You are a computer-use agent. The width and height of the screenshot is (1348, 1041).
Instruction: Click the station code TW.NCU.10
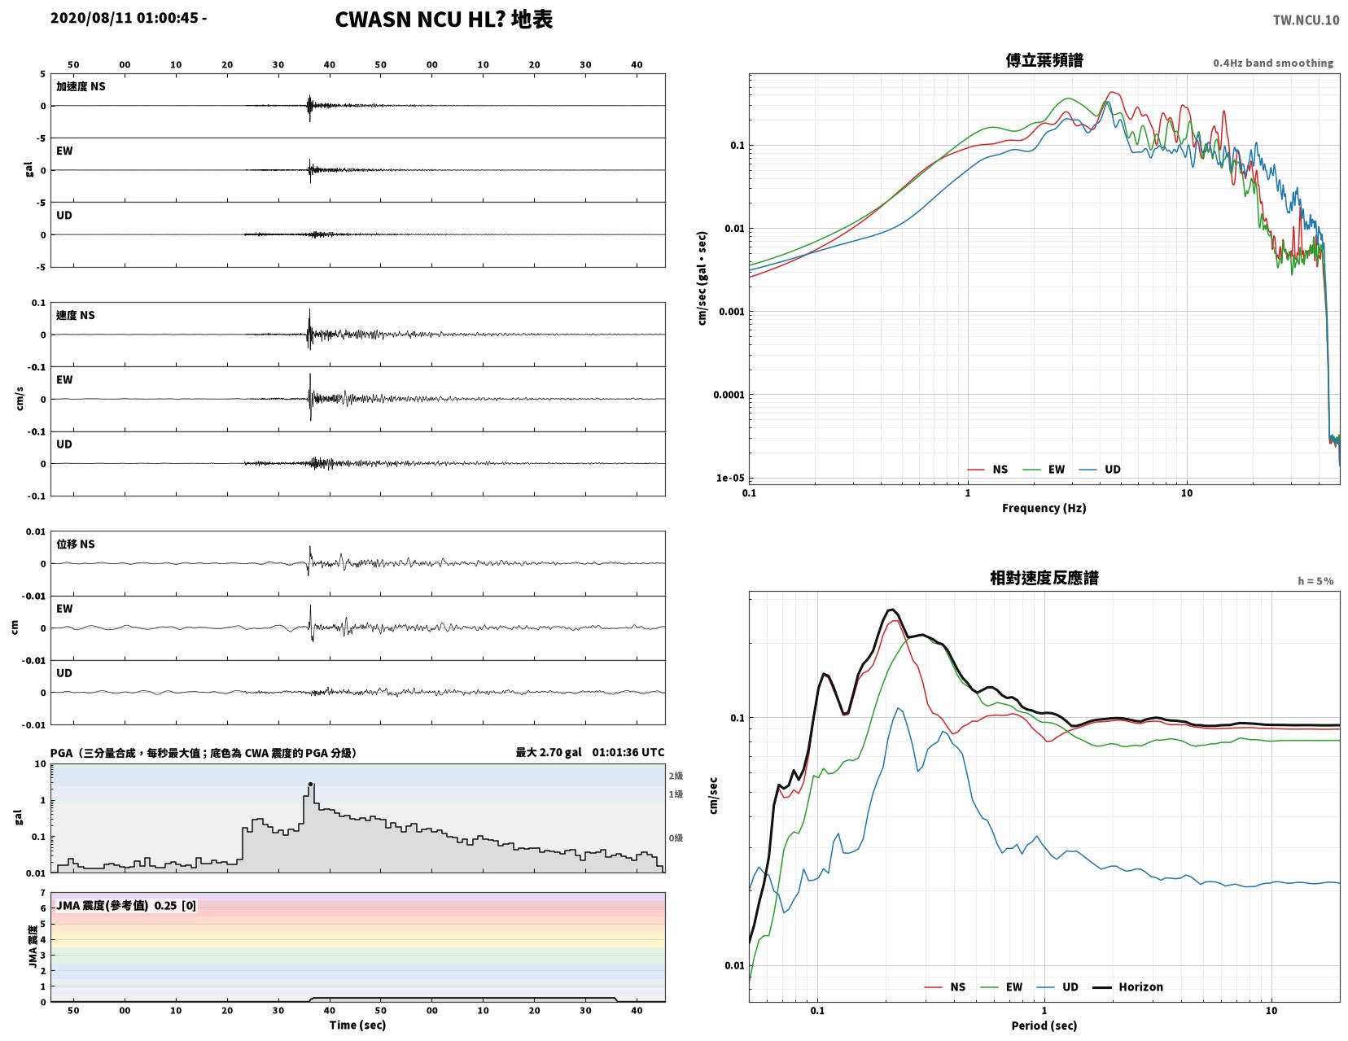[1306, 20]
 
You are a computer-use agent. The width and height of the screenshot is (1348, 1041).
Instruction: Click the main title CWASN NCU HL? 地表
[444, 20]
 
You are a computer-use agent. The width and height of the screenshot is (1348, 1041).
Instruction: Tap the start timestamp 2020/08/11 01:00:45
[124, 18]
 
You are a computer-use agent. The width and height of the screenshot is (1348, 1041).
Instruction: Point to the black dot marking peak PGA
[310, 784]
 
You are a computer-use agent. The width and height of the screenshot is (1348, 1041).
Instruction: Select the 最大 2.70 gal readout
[549, 752]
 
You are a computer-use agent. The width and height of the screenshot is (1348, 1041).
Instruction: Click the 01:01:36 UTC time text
[628, 752]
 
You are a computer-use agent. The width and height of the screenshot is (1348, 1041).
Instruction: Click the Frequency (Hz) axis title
[1044, 508]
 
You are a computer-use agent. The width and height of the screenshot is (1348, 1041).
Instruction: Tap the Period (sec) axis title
[1044, 1026]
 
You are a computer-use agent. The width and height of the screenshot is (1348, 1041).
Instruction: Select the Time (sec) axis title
[357, 1025]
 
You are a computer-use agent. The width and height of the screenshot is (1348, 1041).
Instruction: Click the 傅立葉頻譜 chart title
[1044, 60]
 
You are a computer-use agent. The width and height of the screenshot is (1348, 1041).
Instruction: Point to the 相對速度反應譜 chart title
[1044, 578]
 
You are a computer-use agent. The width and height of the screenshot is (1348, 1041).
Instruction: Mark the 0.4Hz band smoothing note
[1273, 63]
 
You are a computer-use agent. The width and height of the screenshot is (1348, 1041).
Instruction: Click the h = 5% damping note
[1315, 581]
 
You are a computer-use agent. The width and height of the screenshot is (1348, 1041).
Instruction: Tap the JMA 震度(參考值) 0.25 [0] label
[126, 905]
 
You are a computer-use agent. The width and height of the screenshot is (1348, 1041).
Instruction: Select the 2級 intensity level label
[676, 776]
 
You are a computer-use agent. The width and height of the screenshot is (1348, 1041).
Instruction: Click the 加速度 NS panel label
[81, 86]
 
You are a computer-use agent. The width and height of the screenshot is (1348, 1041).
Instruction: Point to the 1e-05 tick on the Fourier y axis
[730, 478]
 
